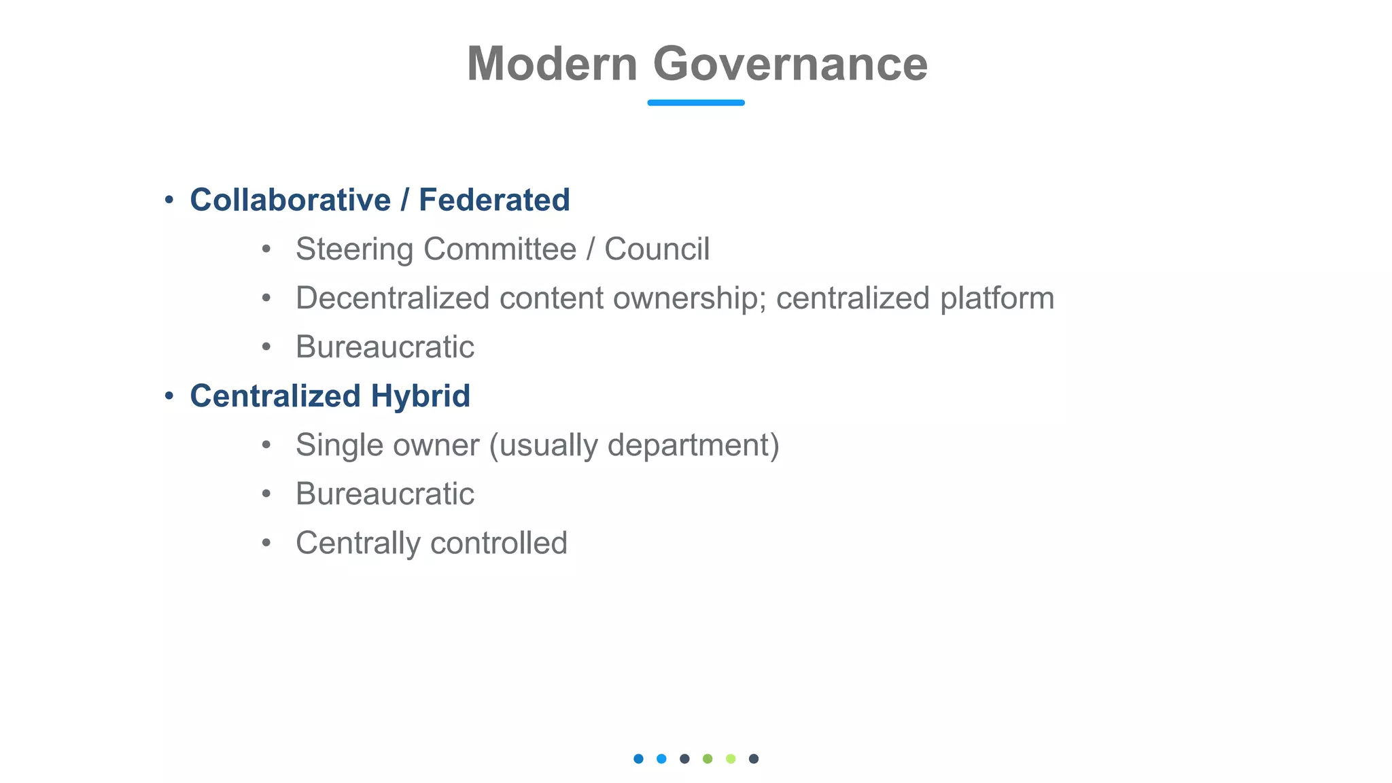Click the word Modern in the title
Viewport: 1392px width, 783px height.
552,64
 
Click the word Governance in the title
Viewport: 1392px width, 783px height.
790,64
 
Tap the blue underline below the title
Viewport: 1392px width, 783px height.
695,103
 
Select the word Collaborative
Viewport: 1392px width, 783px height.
290,200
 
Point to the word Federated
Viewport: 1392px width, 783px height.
494,200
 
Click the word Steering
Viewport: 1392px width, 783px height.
354,249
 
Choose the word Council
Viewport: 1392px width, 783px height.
657,249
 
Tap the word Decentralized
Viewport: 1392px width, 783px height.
392,298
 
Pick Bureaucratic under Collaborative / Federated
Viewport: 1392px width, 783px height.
385,347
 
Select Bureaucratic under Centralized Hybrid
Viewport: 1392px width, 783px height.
385,494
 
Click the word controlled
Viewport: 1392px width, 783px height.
499,543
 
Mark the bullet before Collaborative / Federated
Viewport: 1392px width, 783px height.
169,201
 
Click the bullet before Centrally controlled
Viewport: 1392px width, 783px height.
266,543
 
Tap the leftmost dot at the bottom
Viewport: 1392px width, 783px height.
638,759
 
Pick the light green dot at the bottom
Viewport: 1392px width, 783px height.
731,759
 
